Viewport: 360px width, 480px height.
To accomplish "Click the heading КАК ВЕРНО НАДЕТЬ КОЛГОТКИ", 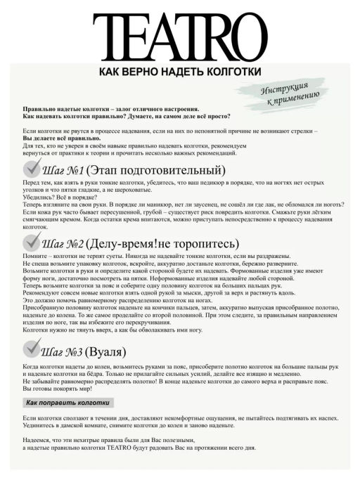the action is (x=180, y=72).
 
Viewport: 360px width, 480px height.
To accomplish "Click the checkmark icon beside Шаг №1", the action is (x=34, y=169).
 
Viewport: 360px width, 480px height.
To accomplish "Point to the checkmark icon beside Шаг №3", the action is (x=34, y=349).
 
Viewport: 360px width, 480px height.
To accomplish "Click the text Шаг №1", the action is (x=63, y=171).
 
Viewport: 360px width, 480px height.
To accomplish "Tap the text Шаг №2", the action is (x=63, y=245).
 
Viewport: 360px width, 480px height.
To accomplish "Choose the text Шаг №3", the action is (x=63, y=351).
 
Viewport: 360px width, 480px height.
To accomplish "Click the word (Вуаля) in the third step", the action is (x=112, y=351).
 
